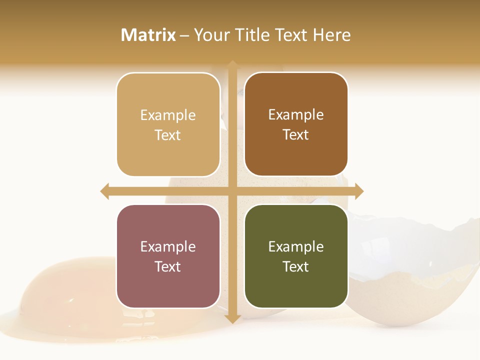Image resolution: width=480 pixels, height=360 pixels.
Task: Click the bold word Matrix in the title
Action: point(148,35)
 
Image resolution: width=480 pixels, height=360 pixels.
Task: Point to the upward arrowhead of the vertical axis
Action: point(232,65)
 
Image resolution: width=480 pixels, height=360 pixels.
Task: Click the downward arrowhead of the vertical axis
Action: point(232,318)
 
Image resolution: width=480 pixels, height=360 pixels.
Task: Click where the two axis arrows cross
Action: point(232,191)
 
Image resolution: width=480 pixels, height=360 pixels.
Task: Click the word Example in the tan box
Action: point(168,115)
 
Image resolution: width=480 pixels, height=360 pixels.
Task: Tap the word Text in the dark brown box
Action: point(296,135)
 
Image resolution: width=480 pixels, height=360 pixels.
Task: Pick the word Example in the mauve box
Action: point(168,246)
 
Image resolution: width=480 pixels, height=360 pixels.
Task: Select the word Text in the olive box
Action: point(296,266)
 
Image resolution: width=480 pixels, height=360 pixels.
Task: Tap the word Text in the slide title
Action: point(289,35)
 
